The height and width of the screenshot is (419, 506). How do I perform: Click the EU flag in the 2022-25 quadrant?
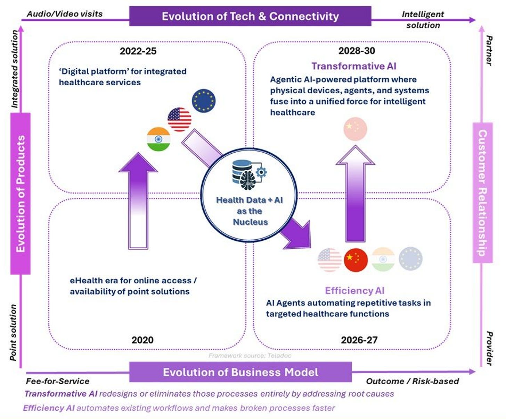click(x=204, y=101)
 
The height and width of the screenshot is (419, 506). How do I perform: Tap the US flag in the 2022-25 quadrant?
click(x=179, y=119)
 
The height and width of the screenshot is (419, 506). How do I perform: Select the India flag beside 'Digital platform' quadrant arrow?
click(x=158, y=139)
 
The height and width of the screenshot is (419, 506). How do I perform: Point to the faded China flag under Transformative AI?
click(x=355, y=129)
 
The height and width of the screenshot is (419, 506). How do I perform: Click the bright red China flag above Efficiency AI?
click(x=356, y=260)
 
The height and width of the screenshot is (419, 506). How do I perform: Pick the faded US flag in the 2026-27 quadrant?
click(x=329, y=260)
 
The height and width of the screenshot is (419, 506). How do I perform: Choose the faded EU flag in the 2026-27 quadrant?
click(x=410, y=259)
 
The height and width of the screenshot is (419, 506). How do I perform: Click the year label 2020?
click(x=142, y=340)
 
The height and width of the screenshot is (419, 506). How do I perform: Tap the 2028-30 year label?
click(x=357, y=51)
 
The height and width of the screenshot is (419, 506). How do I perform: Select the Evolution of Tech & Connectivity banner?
click(x=250, y=16)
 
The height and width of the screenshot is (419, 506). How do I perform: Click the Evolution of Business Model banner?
click(x=240, y=372)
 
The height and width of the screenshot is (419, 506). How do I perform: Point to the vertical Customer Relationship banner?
click(x=482, y=193)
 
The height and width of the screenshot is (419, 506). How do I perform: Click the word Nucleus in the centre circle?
click(x=250, y=222)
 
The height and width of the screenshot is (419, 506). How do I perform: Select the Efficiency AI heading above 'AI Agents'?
click(x=354, y=291)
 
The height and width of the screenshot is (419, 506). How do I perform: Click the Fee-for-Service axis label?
click(x=58, y=381)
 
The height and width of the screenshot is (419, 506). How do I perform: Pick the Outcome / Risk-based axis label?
click(x=413, y=381)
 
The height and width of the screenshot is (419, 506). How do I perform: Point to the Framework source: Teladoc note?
click(x=250, y=356)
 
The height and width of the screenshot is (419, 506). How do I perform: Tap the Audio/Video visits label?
click(x=65, y=14)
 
